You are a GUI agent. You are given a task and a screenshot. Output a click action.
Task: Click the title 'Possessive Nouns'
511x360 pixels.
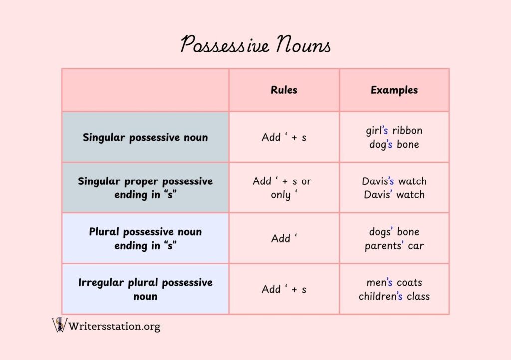[256, 44]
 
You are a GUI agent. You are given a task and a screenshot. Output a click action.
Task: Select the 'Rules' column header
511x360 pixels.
[284, 90]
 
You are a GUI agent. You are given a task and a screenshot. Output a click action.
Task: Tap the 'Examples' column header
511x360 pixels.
[394, 90]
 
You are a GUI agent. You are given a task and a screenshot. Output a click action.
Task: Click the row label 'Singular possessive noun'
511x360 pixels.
[145, 137]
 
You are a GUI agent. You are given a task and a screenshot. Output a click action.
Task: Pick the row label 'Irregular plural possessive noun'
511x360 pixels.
[145, 289]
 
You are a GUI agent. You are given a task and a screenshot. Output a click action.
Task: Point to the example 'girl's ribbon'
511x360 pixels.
[394, 130]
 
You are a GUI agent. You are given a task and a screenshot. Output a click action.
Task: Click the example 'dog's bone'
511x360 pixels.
[394, 144]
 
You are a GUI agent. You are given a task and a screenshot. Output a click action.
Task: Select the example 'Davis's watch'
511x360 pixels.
[394, 181]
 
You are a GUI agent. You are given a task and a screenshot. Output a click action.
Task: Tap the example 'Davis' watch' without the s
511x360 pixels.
[394, 194]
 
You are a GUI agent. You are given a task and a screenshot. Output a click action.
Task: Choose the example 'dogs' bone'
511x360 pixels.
[394, 232]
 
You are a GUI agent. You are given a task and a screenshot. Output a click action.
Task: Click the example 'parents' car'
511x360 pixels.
[394, 246]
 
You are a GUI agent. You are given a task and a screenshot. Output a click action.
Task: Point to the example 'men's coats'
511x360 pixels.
[394, 282]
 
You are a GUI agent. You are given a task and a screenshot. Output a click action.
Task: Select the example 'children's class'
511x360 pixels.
[394, 296]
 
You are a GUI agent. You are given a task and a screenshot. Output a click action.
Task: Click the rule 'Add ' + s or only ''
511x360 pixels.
[282, 188]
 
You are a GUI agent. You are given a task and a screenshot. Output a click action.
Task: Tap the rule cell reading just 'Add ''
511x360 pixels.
[284, 238]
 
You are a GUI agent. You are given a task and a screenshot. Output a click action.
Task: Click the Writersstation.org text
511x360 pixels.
[114, 326]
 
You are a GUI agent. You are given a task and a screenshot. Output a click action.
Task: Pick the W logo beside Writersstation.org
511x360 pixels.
[60, 325]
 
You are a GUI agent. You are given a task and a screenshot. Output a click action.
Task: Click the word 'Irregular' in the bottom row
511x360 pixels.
[101, 283]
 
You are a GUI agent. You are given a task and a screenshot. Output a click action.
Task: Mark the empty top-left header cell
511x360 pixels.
[145, 90]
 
